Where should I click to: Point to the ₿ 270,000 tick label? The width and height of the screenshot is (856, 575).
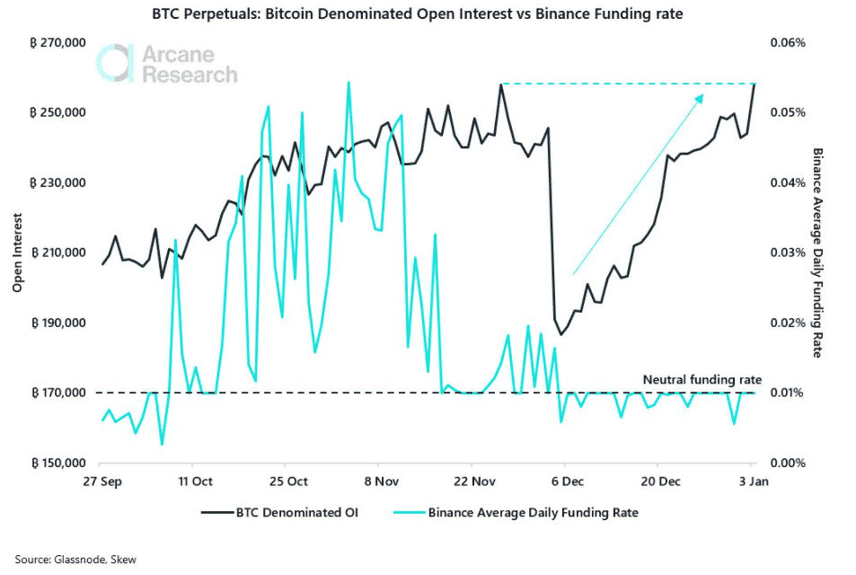click(x=60, y=43)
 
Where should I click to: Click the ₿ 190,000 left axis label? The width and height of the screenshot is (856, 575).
click(x=60, y=323)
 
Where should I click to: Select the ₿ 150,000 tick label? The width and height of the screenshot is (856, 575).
click(x=60, y=464)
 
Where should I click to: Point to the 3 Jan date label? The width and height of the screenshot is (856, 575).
click(x=751, y=482)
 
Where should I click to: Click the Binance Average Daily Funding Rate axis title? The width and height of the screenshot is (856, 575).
click(x=816, y=253)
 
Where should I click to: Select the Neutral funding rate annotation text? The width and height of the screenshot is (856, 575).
click(x=702, y=381)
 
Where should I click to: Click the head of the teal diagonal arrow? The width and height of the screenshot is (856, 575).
click(x=702, y=93)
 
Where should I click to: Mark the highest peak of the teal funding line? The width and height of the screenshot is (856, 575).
click(x=349, y=83)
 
